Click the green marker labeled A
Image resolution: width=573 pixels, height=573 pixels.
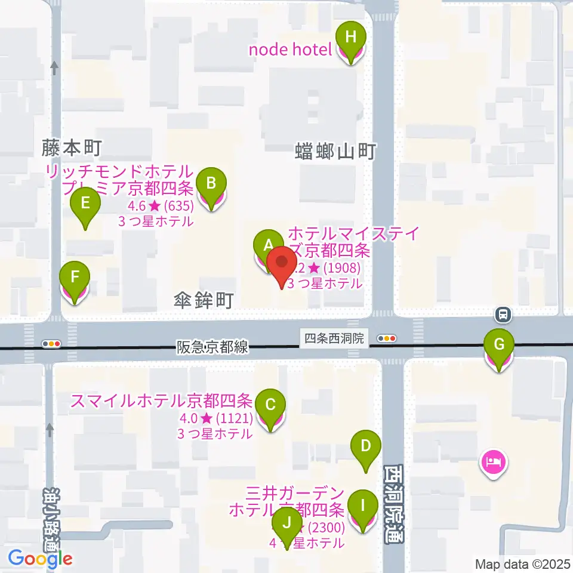pyautogui.click(x=268, y=245)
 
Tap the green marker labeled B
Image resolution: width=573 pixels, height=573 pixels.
pyautogui.click(x=211, y=183)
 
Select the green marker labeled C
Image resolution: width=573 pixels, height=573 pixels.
pyautogui.click(x=270, y=406)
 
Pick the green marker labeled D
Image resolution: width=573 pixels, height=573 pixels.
pyautogui.click(x=366, y=446)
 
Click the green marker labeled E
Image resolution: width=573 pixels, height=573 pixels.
pyautogui.click(x=85, y=204)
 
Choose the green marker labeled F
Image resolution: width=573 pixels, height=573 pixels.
pyautogui.click(x=75, y=278)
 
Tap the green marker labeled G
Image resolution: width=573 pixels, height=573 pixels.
pyautogui.click(x=499, y=345)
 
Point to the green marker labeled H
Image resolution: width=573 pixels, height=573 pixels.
pyautogui.click(x=350, y=38)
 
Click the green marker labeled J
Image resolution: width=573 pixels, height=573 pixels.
pyautogui.click(x=287, y=523)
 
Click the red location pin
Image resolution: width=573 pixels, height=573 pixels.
pyautogui.click(x=281, y=263)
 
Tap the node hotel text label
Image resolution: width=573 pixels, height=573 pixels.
pyautogui.click(x=290, y=49)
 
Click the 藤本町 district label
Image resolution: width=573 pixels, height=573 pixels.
pyautogui.click(x=72, y=147)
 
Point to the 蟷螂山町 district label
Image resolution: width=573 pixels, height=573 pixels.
pyautogui.click(x=335, y=152)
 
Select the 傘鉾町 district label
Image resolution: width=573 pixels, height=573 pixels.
pyautogui.click(x=204, y=300)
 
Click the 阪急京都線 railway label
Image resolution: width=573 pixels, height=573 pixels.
pyautogui.click(x=212, y=347)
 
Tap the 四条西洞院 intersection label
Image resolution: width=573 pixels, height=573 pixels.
pyautogui.click(x=334, y=338)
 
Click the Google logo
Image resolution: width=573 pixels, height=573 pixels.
pyautogui.click(x=41, y=559)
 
